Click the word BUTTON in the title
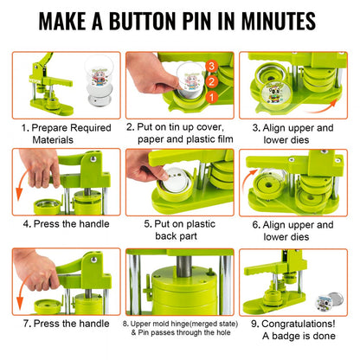click(152, 20)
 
